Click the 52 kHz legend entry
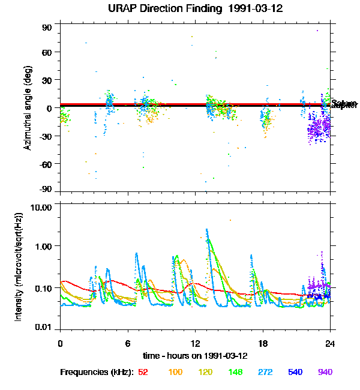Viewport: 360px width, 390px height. tap(143, 372)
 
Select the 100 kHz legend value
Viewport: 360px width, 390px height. tap(175, 372)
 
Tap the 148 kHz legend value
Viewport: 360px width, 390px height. tap(235, 372)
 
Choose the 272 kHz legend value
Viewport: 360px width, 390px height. tap(265, 372)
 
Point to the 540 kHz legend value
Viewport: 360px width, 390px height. tap(295, 372)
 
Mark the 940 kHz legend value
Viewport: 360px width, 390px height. tap(325, 372)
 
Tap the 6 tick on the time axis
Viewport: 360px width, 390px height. tap(128, 344)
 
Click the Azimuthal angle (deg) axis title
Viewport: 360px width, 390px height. tap(28, 107)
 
